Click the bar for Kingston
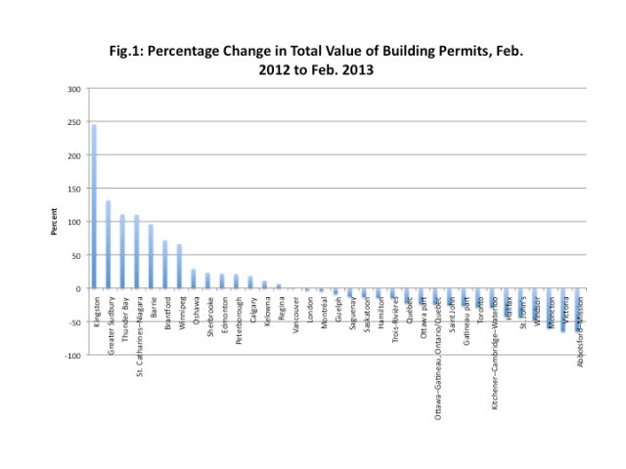(95, 206)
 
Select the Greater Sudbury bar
(109, 244)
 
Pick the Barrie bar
(152, 256)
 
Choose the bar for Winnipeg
(180, 266)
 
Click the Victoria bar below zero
(562, 310)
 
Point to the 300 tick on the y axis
(73, 89)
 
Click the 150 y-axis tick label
(73, 189)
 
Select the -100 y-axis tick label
(71, 355)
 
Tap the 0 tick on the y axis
(77, 288)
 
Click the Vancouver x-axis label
(294, 314)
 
